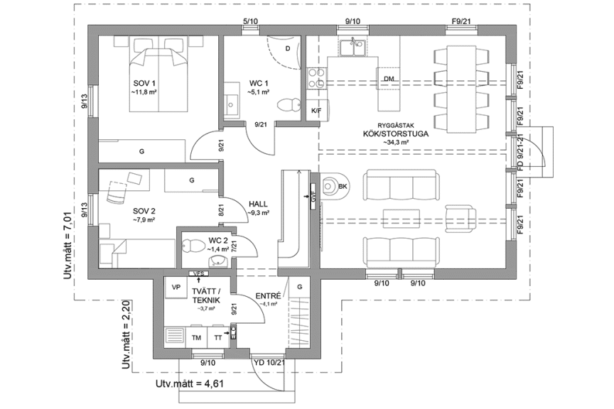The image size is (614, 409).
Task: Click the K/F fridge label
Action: pyautogui.click(x=316, y=111)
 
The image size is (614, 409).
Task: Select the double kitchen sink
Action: pyautogui.click(x=352, y=48)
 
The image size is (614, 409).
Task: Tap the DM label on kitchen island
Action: pyautogui.click(x=388, y=78)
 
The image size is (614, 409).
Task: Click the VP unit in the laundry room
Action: pyautogui.click(x=176, y=289)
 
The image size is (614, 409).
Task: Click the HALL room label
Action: pyautogui.click(x=257, y=202)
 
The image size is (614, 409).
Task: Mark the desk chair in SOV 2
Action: pyautogui.click(x=114, y=190)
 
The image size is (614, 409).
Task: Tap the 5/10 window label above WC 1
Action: pyautogui.click(x=250, y=22)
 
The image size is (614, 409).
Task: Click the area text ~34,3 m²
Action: pyautogui.click(x=399, y=142)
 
